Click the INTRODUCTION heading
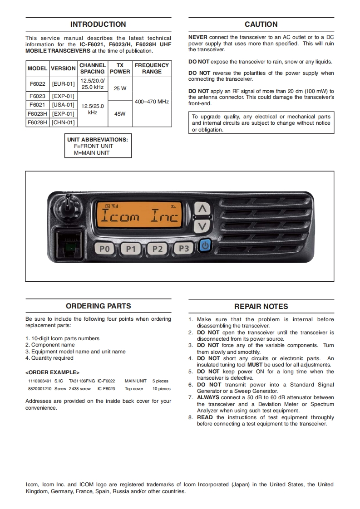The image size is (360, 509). [98, 24]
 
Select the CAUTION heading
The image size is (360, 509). [261, 24]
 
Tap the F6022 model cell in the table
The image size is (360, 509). [37, 84]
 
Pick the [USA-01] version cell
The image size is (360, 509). [63, 105]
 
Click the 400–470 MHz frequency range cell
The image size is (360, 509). [152, 102]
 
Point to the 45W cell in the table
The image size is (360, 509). [120, 113]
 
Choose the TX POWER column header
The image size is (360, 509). [120, 69]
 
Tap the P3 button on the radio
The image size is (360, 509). [184, 248]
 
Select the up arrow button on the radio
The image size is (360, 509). [203, 209]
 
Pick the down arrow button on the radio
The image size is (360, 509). [203, 225]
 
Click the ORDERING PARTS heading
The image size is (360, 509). [98, 306]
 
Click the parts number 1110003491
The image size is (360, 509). [39, 381]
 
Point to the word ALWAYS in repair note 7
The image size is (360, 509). [208, 397]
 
